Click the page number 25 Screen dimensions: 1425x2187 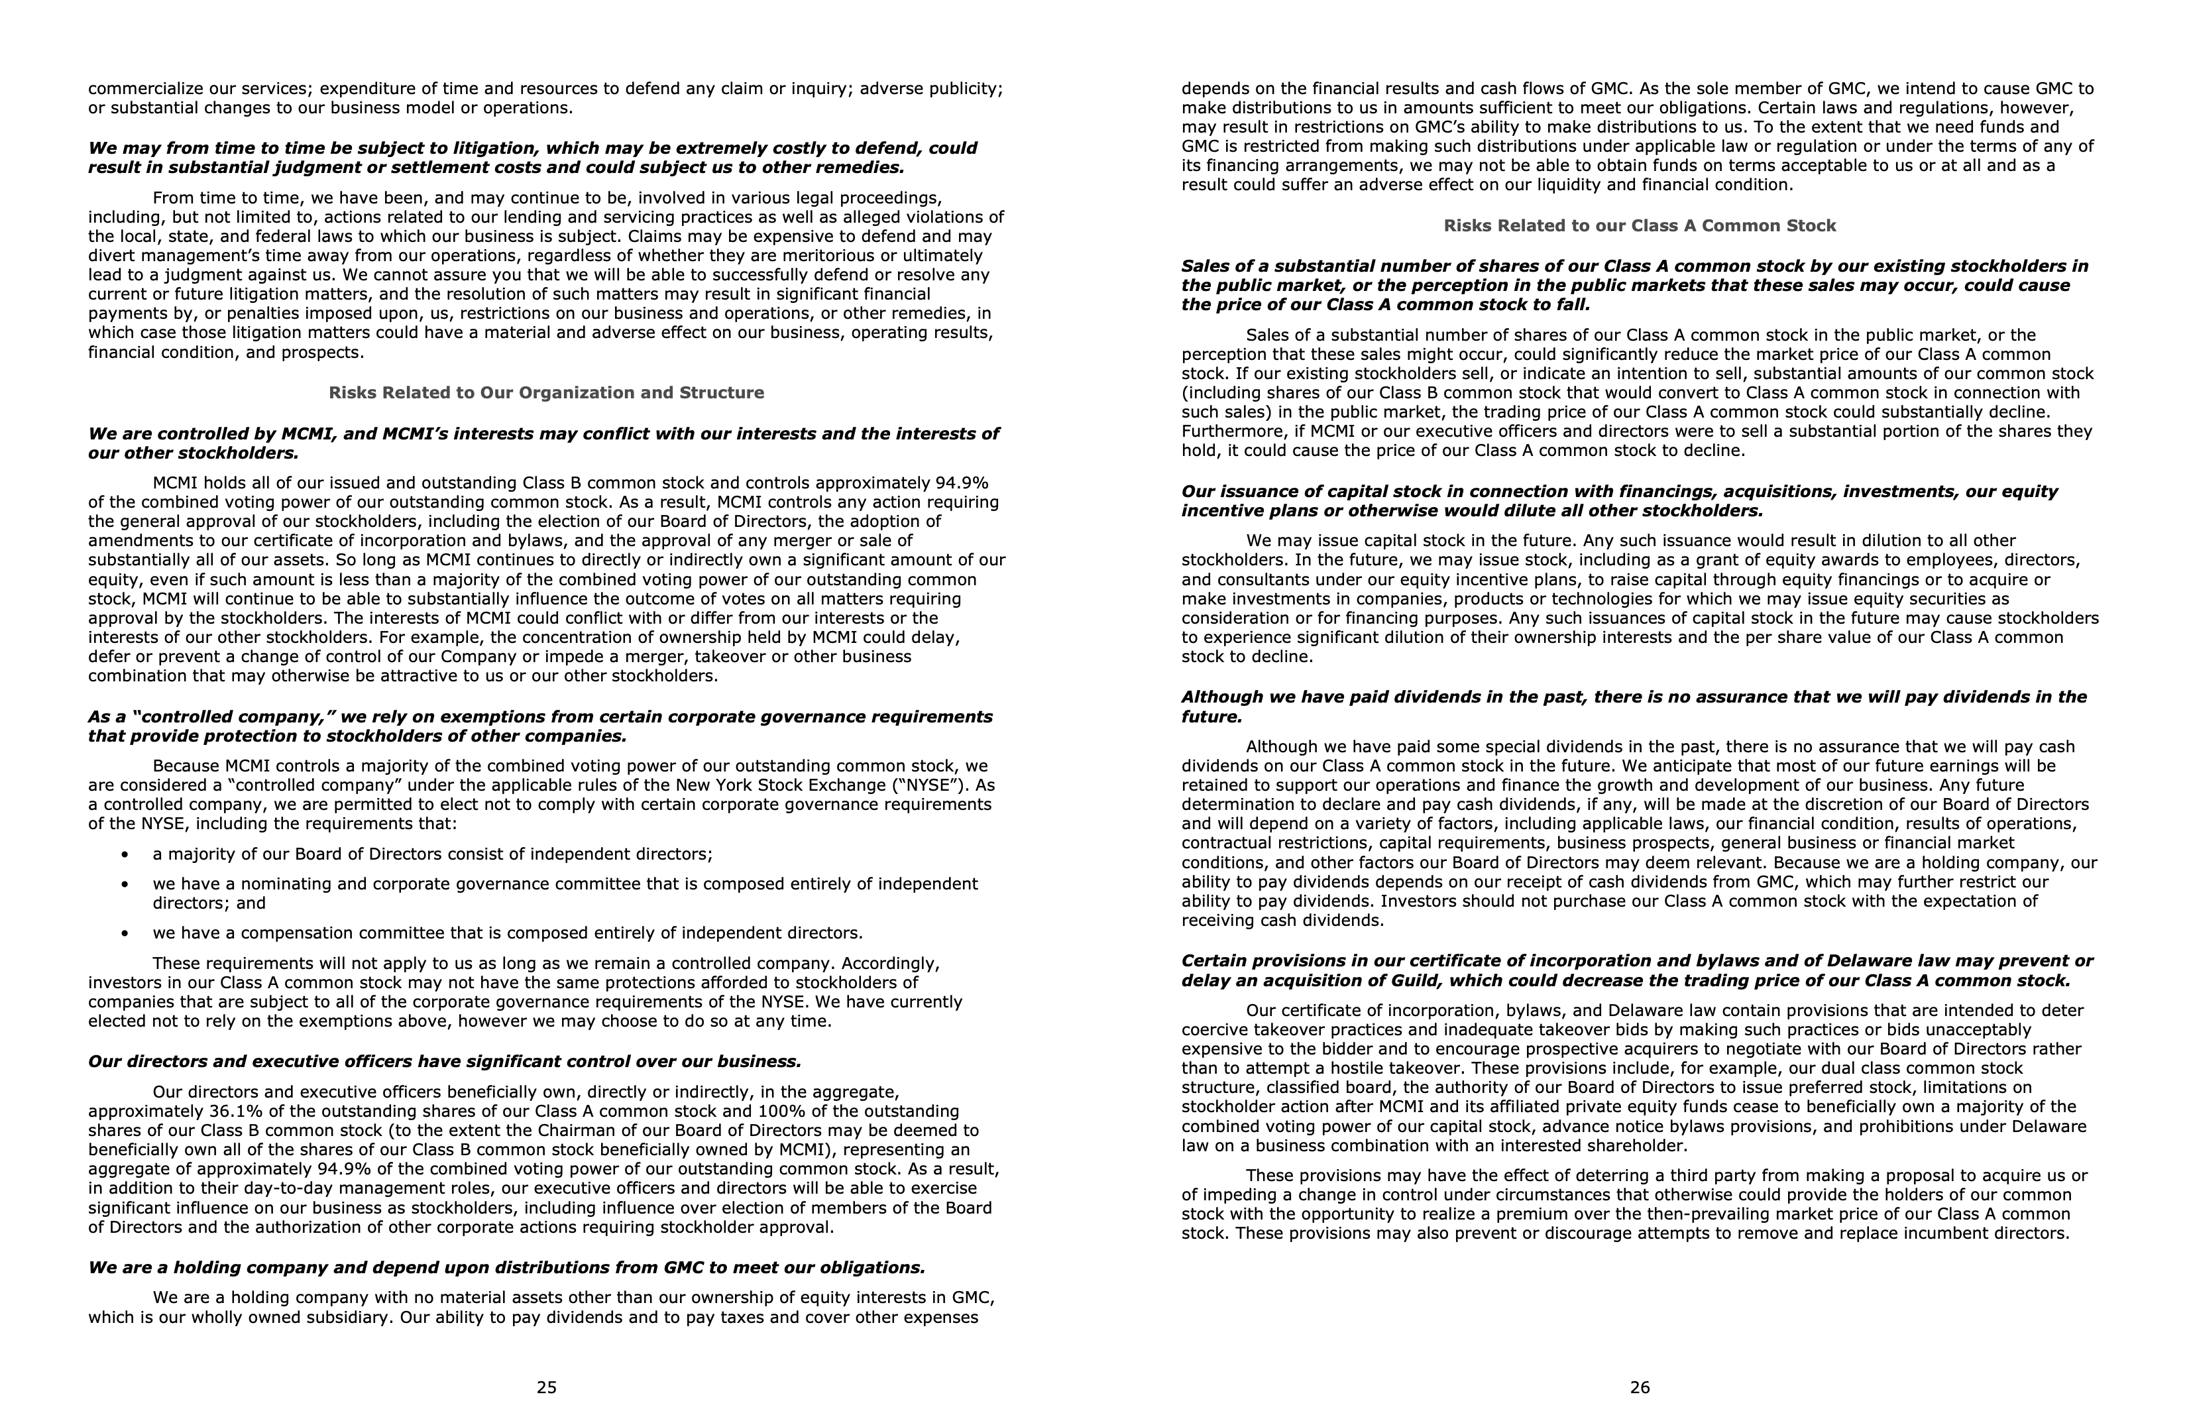pyautogui.click(x=546, y=1387)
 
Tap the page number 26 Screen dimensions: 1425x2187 pyautogui.click(x=1640, y=1387)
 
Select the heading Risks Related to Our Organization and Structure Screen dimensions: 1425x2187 pyautogui.click(x=546, y=392)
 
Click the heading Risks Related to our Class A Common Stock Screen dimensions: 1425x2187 pyautogui.click(x=1640, y=225)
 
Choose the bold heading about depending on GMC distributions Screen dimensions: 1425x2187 pyautogui.click(x=506, y=1268)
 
